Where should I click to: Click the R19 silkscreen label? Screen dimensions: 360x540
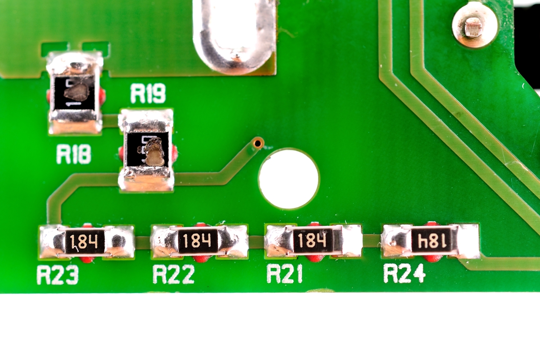(148, 94)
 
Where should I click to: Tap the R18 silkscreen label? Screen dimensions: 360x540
(74, 155)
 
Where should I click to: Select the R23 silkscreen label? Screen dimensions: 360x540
(57, 275)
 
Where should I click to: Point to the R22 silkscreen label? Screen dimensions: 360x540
(173, 274)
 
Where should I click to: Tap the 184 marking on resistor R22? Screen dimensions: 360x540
(198, 241)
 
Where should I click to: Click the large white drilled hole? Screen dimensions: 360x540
(288, 179)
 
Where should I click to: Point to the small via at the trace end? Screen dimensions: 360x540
(258, 144)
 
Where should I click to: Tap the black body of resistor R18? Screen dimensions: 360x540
(75, 93)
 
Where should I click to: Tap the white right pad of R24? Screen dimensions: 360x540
(468, 241)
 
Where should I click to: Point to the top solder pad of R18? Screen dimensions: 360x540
(75, 63)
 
